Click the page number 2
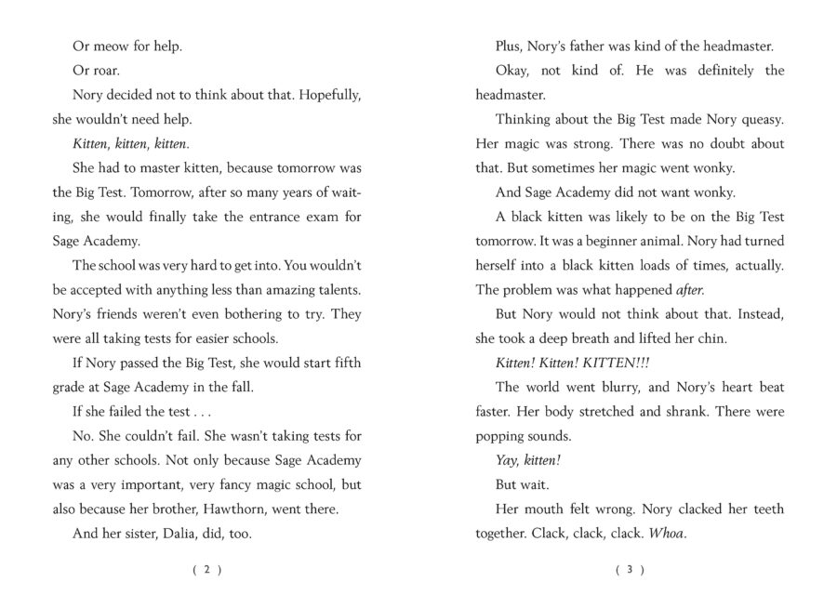point(207,571)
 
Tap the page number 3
point(630,571)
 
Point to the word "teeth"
point(764,509)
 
